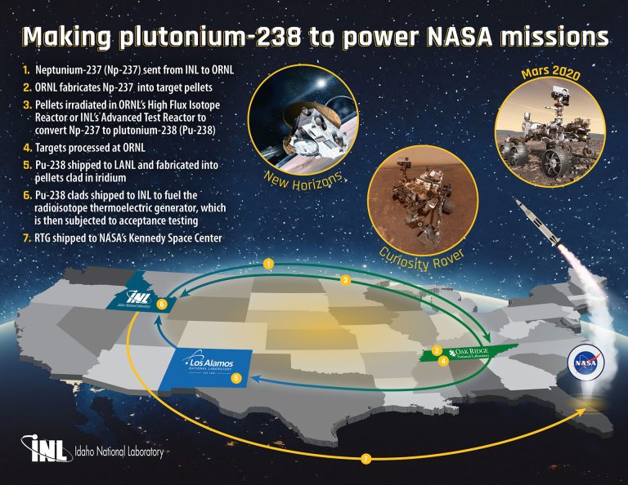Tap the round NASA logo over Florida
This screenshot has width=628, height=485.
585,361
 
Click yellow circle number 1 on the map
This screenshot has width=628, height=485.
267,264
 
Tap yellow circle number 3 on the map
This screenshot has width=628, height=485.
346,280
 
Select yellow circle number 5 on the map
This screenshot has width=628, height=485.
236,378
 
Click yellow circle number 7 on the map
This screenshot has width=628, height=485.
366,459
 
